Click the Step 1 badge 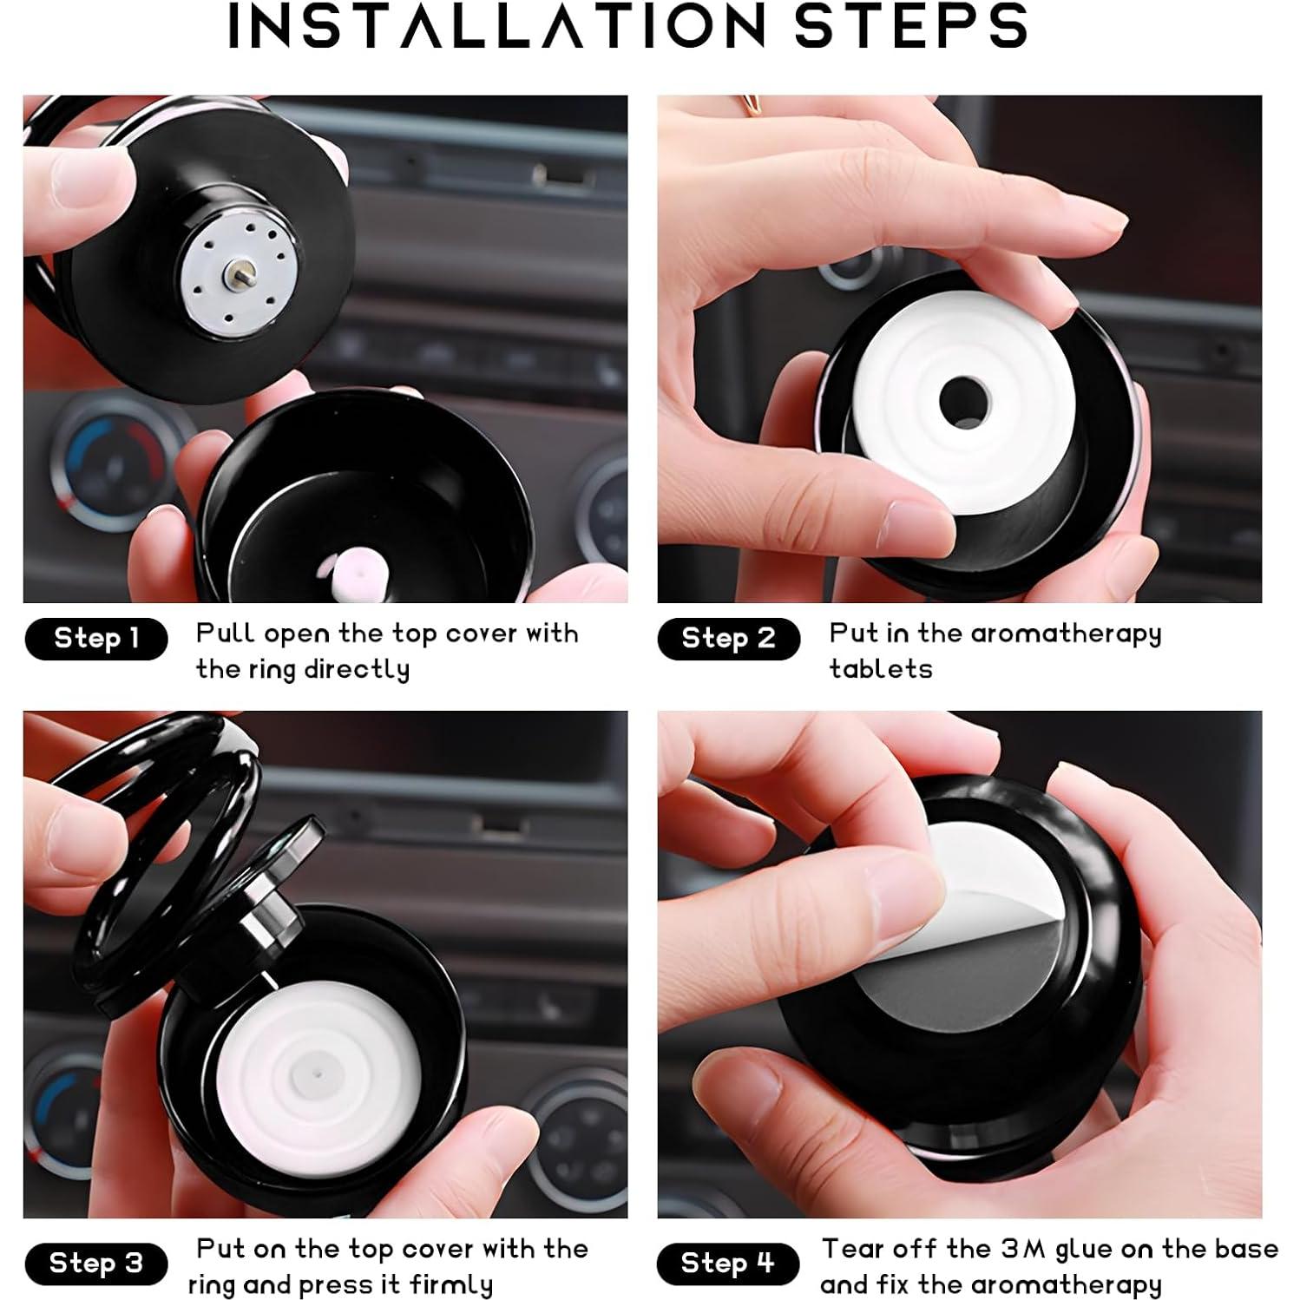pyautogui.click(x=95, y=639)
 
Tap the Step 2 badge pyautogui.click(x=728, y=639)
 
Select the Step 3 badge pyautogui.click(x=95, y=1263)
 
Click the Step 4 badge pyautogui.click(x=728, y=1263)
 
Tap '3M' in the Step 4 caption pyautogui.click(x=1024, y=1249)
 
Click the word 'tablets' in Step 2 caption pyautogui.click(x=880, y=669)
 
